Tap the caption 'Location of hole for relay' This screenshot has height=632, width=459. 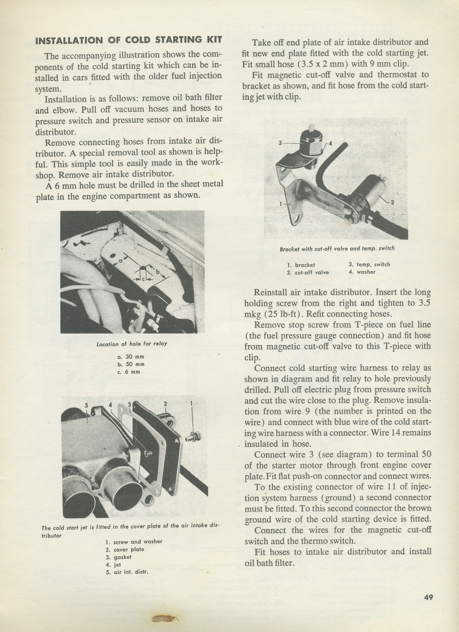(132, 344)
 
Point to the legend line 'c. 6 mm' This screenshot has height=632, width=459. (129, 372)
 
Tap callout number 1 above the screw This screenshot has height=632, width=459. (191, 403)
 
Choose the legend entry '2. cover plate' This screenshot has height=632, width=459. (125, 550)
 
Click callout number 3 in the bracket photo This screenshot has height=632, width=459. (280, 143)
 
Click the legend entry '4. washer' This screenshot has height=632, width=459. (362, 272)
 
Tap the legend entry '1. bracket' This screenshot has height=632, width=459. (301, 265)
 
